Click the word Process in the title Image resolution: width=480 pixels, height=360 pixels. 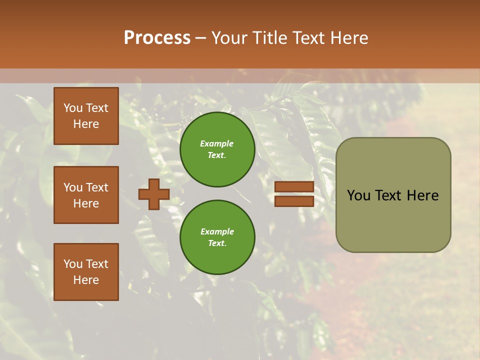click(157, 38)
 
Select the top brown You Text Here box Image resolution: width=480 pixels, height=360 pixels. click(86, 116)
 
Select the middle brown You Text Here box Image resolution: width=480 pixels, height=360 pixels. click(86, 195)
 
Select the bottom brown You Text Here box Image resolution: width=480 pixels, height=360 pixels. click(86, 272)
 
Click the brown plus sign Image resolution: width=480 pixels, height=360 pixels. click(153, 194)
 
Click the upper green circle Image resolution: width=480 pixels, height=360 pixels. click(217, 149)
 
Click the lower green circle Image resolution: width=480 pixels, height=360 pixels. click(217, 237)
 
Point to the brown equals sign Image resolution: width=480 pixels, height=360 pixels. click(294, 194)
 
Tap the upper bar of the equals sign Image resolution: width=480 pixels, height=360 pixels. click(294, 186)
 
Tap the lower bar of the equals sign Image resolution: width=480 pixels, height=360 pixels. click(294, 201)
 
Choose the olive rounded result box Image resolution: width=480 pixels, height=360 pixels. click(393, 195)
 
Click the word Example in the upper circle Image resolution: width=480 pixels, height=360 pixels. click(217, 143)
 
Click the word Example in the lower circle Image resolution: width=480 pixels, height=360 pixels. click(217, 231)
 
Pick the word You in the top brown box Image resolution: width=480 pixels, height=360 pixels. click(73, 108)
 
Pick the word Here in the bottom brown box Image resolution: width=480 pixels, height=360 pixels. click(86, 280)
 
